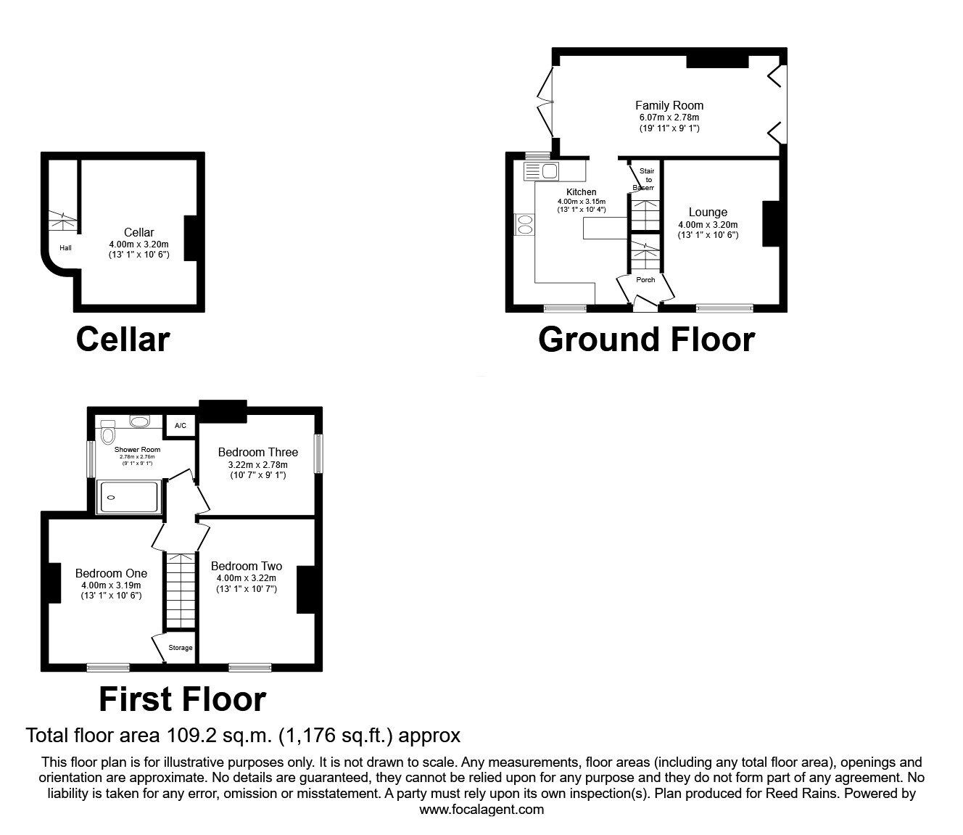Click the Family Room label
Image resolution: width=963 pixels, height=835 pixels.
pos(669,105)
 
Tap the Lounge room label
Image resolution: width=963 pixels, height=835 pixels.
pos(708,213)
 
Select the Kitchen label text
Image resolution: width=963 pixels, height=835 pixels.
pos(581,192)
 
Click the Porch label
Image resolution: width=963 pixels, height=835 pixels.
pos(645,280)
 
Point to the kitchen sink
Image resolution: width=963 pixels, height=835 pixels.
pos(549,171)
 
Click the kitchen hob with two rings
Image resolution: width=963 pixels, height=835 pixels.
pos(523,225)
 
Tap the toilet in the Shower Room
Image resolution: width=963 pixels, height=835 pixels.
pos(108,434)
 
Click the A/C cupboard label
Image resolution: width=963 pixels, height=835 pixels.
pos(181,426)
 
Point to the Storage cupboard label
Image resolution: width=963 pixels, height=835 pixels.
pos(181,648)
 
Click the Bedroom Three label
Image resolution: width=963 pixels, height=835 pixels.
pos(257,452)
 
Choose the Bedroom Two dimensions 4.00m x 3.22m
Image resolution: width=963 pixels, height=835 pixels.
pos(247,578)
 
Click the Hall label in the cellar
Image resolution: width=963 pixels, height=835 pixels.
pos(65,248)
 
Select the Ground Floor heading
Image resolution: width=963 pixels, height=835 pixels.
pos(646,340)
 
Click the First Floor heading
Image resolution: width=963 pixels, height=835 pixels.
pos(182,699)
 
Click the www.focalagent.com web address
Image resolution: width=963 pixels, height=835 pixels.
pos(481,810)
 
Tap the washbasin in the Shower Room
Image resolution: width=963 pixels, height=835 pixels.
pos(139,421)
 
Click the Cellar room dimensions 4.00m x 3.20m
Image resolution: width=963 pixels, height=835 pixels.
pos(138,244)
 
